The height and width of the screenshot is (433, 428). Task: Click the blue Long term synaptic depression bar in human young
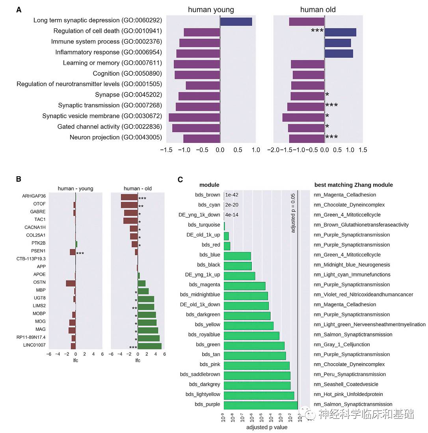pos(236,22)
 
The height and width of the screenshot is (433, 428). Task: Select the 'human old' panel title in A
pos(318,9)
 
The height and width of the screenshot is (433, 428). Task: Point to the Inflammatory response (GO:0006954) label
pos(108,52)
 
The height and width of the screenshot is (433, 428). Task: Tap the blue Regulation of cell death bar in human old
pos(340,32)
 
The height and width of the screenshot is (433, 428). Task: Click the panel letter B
pos(19,179)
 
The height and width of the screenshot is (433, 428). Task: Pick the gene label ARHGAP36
pos(34,196)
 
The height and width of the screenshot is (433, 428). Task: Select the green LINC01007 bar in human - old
pos(150,346)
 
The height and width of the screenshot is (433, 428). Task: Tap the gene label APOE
pos(39,274)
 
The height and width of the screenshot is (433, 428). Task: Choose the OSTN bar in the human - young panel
pos(71,283)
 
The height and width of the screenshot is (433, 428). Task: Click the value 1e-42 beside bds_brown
pos(232,195)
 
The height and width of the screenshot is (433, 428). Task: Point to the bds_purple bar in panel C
pos(261,405)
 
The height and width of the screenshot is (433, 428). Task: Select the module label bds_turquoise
pos(204,225)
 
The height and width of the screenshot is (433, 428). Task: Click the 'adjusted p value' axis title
pos(267,427)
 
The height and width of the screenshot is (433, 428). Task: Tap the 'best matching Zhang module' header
pos(354,185)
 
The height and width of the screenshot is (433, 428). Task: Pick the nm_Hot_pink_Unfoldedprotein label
pos(348,394)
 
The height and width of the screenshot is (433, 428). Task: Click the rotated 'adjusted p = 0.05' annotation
pos(293,213)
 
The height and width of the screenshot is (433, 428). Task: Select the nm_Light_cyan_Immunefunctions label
pos(352,274)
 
